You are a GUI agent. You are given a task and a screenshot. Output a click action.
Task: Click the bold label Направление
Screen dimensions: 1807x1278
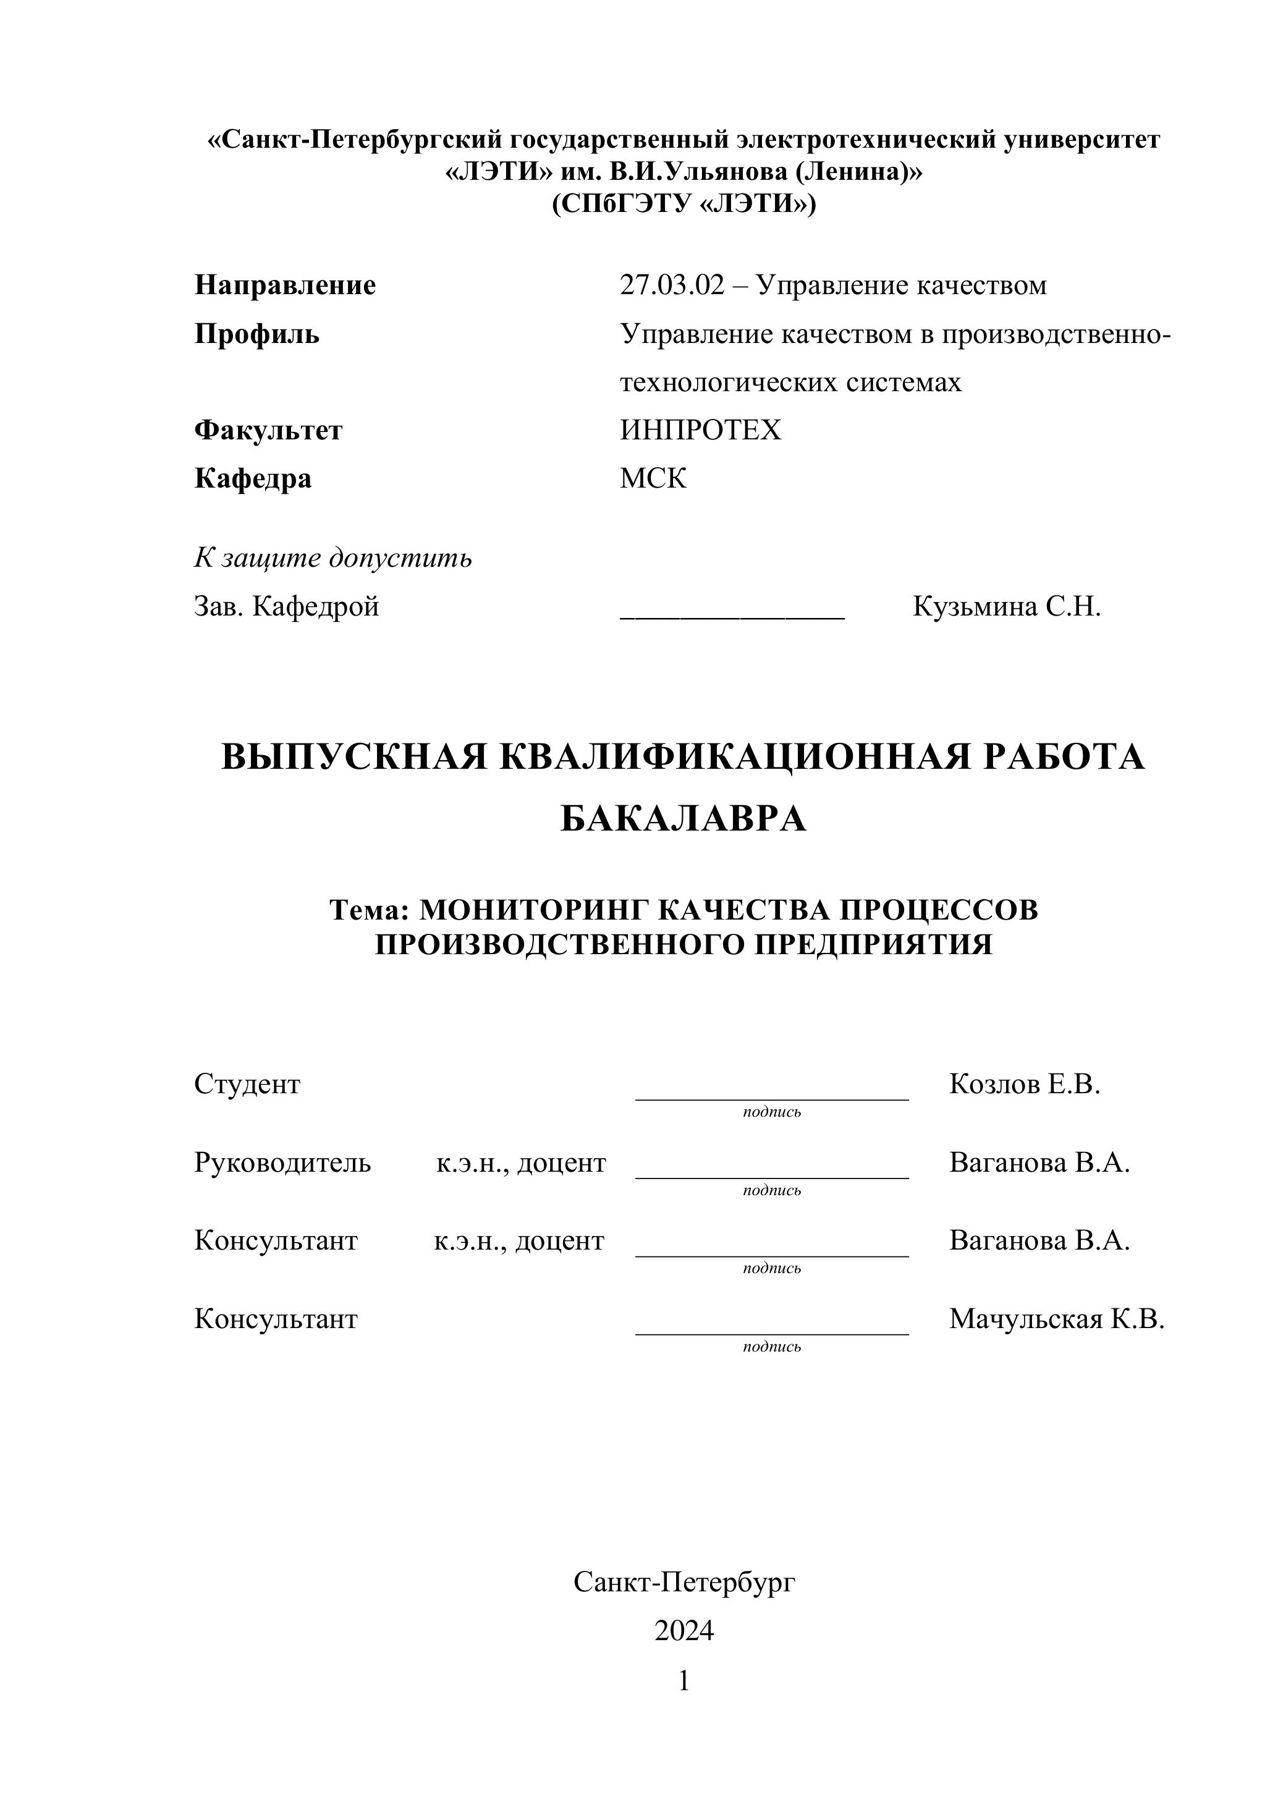(285, 285)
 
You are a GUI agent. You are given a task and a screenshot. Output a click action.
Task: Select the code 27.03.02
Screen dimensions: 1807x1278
(671, 285)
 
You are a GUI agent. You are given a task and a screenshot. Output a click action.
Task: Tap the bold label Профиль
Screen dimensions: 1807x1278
(256, 334)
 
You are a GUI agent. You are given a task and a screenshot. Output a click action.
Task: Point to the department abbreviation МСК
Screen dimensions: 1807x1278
(653, 478)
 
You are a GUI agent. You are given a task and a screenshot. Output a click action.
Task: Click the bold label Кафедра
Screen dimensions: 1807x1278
(253, 478)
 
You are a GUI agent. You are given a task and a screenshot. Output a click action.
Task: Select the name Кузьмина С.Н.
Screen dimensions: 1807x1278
(1007, 607)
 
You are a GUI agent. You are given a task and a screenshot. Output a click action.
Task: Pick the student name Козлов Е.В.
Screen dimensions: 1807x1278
(1025, 1085)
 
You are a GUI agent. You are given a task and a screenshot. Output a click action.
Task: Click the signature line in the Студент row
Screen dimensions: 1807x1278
(771, 1098)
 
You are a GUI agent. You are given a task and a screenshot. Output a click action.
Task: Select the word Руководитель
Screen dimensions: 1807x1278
(282, 1162)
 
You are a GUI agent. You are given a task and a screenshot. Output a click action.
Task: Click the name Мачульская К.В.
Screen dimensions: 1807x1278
(1056, 1318)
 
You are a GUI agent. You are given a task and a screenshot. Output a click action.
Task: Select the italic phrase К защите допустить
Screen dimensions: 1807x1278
(333, 558)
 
